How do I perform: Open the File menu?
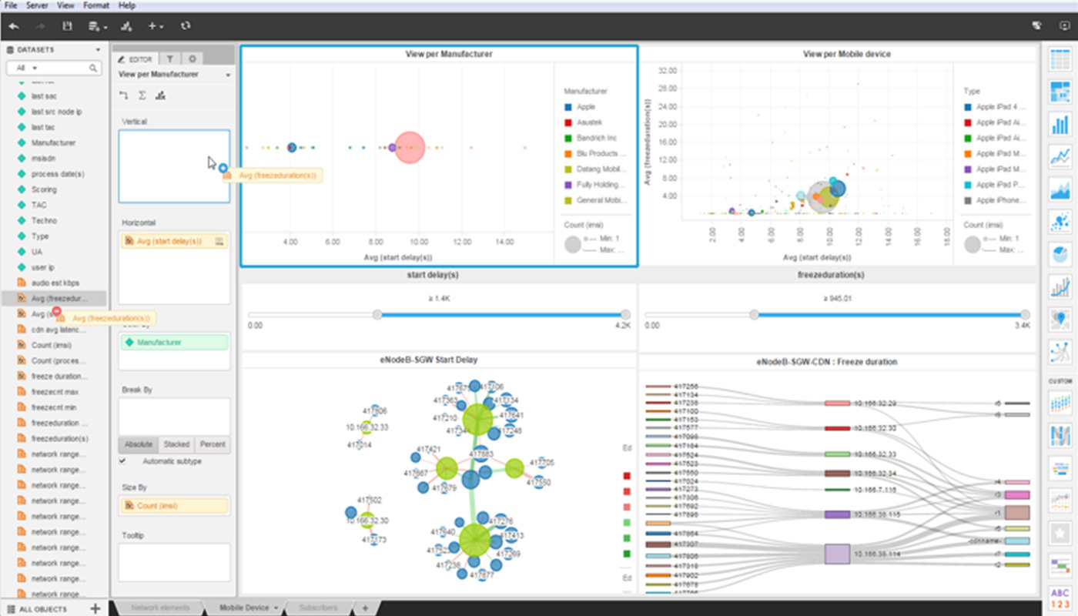pos(11,5)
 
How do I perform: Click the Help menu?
pos(127,5)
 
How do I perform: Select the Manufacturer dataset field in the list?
pos(53,142)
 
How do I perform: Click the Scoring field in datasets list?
pos(44,189)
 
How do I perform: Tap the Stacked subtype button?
pos(176,444)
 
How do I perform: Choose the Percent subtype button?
pos(213,444)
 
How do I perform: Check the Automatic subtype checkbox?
pos(122,461)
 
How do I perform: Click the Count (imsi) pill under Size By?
pos(174,506)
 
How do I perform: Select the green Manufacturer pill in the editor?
pos(174,342)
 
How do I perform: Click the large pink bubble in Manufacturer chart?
pos(410,147)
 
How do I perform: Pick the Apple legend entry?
pos(585,107)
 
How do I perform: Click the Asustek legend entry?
pos(590,122)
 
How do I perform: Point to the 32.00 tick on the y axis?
pos(668,70)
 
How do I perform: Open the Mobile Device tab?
pos(244,608)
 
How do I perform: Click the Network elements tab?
pos(160,608)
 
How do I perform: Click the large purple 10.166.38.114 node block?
pos(836,554)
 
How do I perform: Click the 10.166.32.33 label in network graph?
pos(367,427)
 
